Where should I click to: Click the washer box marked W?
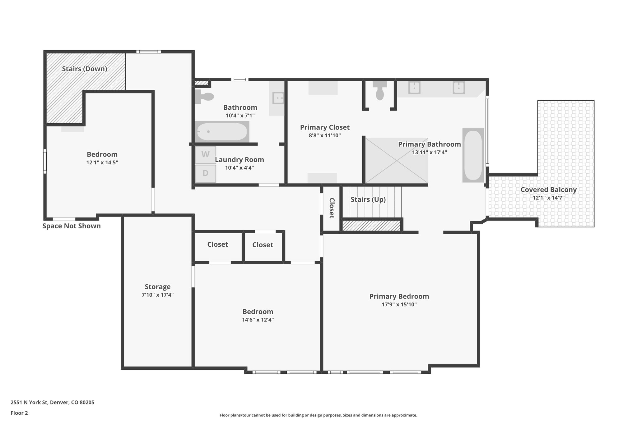click(205, 155)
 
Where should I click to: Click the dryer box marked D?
click(205, 173)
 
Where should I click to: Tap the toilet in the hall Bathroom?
click(204, 97)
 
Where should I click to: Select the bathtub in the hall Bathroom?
click(222, 132)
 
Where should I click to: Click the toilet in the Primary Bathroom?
click(380, 91)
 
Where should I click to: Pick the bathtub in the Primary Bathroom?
click(473, 155)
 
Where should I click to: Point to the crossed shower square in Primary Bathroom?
click(396, 161)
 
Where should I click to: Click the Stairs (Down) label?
click(84, 69)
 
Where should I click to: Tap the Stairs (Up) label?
click(368, 199)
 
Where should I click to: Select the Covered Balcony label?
click(548, 190)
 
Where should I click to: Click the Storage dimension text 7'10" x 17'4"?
click(157, 295)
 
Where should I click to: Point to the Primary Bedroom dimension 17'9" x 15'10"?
click(399, 304)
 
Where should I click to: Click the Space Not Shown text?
click(72, 226)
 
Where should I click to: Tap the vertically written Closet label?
click(332, 208)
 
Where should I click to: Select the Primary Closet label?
click(325, 127)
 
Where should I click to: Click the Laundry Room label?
click(239, 160)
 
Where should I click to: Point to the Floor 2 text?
click(19, 413)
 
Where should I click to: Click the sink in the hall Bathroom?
click(277, 98)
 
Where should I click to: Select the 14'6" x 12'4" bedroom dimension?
click(258, 320)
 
